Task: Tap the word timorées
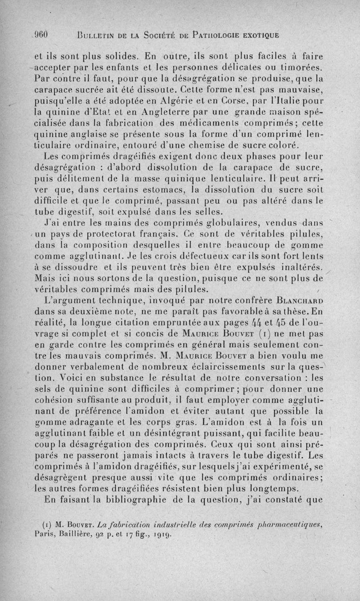(x=307, y=68)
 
